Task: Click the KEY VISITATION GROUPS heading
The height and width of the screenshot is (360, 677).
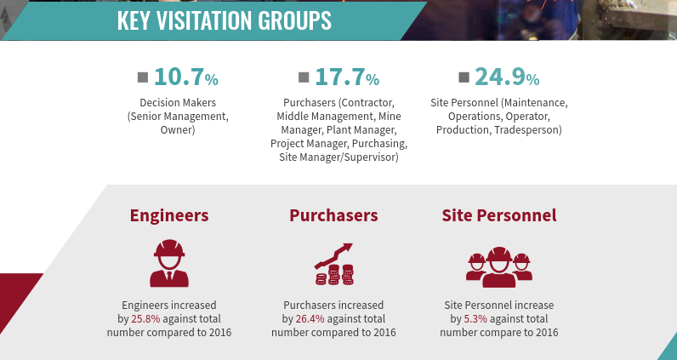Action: coord(225,20)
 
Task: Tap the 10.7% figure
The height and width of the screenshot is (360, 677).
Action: coord(186,77)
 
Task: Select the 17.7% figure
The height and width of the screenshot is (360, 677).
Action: coord(346,77)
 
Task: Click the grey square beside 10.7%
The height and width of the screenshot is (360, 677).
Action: coord(143,77)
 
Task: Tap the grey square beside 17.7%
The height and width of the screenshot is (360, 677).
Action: coord(304,77)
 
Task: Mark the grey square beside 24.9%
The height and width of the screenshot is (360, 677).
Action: coord(464,77)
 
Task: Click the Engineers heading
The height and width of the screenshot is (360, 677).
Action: coord(169,215)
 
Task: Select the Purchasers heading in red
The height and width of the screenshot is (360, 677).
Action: coord(333,215)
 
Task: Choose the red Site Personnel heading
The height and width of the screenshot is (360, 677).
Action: coord(499,215)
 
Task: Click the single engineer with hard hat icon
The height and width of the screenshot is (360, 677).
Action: coord(169,263)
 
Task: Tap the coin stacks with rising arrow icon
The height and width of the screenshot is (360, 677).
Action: coord(333,265)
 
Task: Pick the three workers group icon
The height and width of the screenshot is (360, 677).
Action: coord(499,266)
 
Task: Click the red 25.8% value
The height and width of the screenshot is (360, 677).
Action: coord(145,319)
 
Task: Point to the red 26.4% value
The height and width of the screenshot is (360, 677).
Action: coord(310,319)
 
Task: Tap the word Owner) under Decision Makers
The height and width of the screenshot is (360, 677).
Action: coord(178,130)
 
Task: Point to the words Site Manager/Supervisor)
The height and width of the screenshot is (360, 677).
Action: coord(338,157)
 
